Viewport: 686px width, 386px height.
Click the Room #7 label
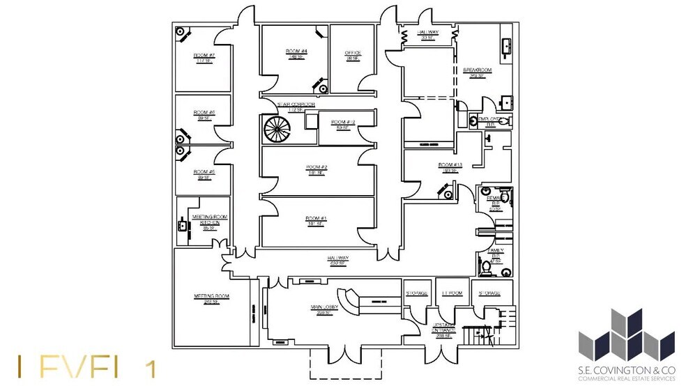204,55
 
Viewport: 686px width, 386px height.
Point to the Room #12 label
343,123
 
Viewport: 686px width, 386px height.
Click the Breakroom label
478,71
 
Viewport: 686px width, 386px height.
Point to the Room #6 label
204,114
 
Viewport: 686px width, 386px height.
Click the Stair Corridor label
296,105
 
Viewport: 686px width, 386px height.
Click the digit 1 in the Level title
149,368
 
